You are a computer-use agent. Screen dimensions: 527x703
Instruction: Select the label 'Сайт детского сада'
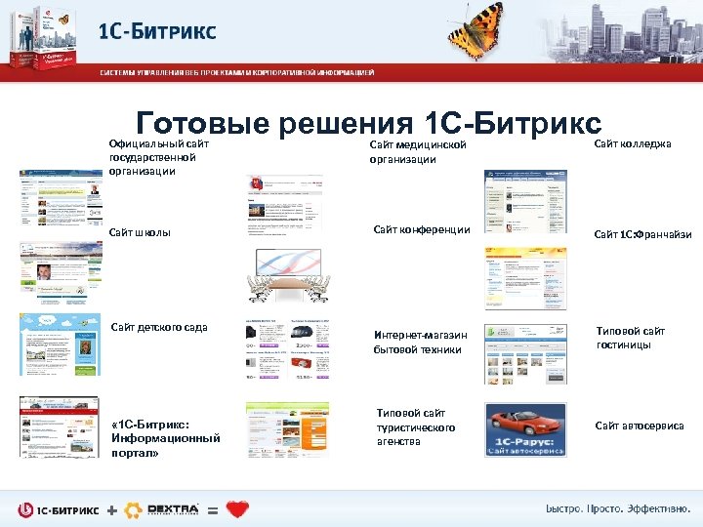click(161, 325)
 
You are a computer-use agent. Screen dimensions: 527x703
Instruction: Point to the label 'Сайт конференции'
click(422, 230)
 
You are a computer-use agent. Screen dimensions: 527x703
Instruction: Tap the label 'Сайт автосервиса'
click(640, 426)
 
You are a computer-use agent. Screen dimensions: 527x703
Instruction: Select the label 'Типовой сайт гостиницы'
click(630, 338)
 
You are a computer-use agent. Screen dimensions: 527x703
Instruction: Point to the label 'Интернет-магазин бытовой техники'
click(420, 342)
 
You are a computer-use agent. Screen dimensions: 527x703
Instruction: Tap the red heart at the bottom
click(237, 508)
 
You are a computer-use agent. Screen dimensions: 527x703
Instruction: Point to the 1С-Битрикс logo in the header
click(156, 30)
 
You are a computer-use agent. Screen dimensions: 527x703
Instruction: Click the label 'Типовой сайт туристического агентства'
click(416, 427)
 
